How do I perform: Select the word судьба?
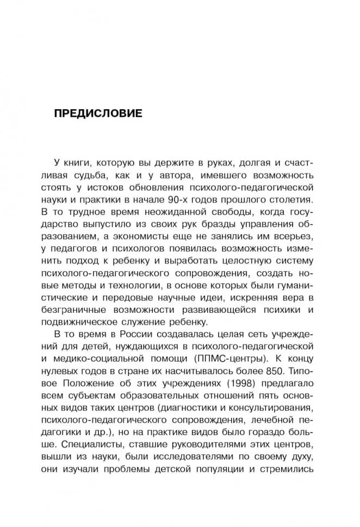98,175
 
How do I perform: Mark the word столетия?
291,200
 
